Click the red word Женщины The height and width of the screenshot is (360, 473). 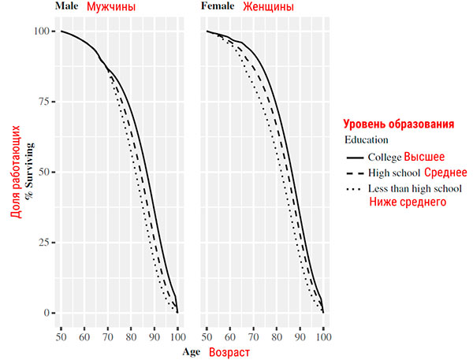[269, 7]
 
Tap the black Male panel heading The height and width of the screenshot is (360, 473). [67, 7]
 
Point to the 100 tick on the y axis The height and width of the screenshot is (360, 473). [42, 32]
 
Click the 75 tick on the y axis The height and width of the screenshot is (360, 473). [44, 102]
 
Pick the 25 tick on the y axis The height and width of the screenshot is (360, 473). [44, 243]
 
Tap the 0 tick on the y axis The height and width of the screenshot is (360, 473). [47, 313]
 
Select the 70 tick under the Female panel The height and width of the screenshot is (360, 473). [253, 337]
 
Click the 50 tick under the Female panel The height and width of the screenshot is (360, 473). [207, 337]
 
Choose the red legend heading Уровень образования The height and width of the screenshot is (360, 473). [398, 124]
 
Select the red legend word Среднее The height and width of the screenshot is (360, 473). [446, 173]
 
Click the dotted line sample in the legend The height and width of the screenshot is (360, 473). [356, 189]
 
